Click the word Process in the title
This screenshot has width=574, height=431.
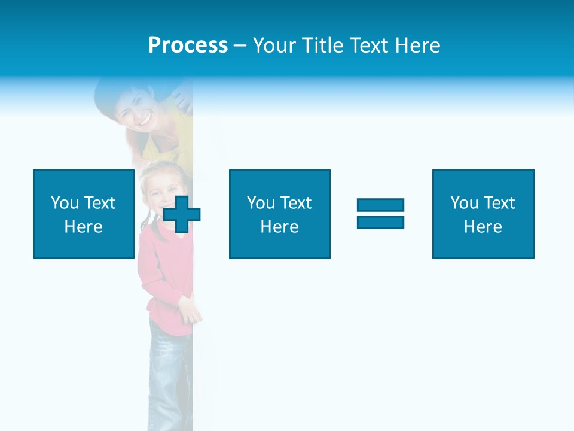[x=188, y=45]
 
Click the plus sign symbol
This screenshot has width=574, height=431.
[x=182, y=214]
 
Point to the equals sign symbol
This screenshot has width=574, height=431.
[x=380, y=214]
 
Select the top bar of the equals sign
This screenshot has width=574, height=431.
[x=380, y=205]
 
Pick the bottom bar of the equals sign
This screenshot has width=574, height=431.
[x=380, y=222]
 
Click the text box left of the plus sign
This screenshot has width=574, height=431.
[x=83, y=214]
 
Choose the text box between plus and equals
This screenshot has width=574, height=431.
[x=279, y=214]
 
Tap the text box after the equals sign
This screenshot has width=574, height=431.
[x=483, y=214]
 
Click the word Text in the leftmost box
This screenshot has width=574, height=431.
[x=99, y=203]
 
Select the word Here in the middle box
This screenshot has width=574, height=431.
[x=279, y=227]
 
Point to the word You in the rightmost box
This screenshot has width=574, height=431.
[x=464, y=203]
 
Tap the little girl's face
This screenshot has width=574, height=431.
[x=159, y=192]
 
